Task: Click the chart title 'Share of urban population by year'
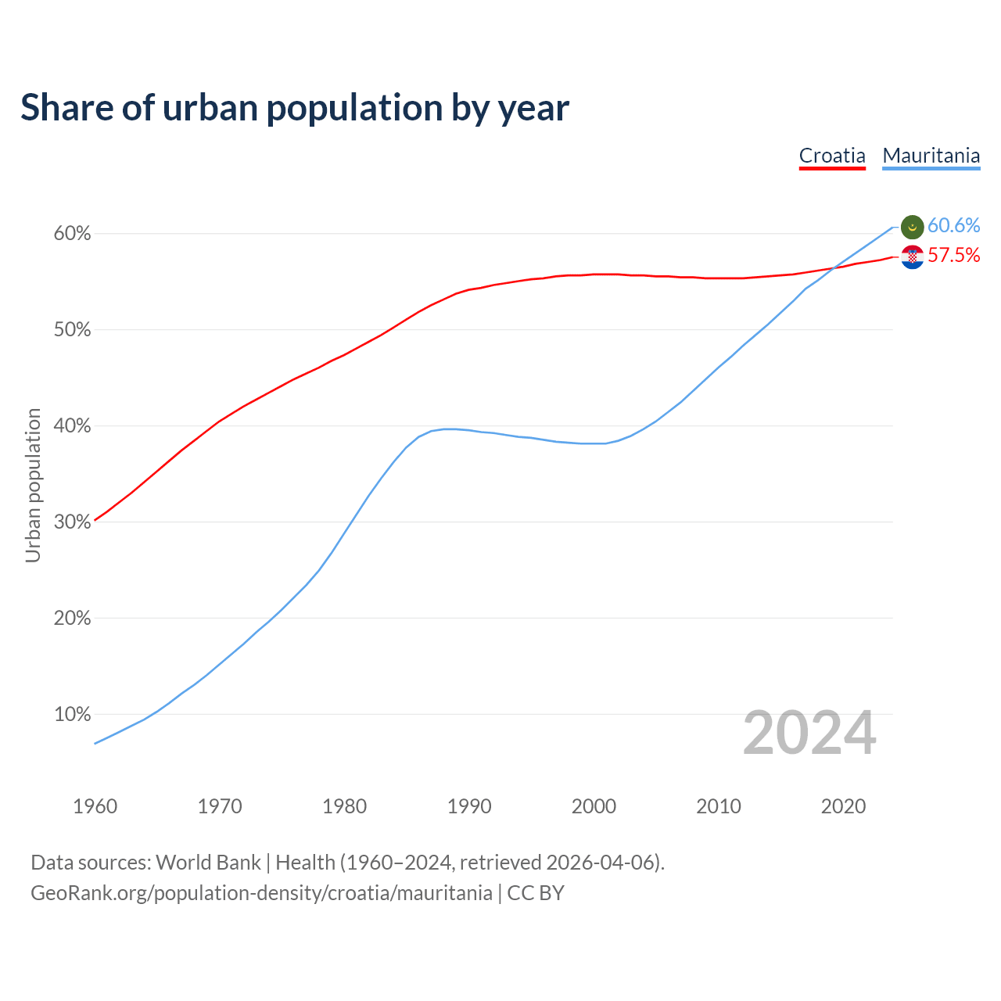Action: (x=295, y=108)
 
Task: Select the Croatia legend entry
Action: (x=832, y=156)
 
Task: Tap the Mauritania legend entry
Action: (x=931, y=156)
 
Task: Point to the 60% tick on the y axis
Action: (x=73, y=234)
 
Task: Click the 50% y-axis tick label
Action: (x=73, y=330)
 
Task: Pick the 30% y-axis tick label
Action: (x=73, y=522)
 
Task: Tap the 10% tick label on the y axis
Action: (x=73, y=714)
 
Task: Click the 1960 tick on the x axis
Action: (x=95, y=806)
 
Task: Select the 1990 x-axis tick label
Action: (x=469, y=806)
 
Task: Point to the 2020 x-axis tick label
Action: (x=843, y=806)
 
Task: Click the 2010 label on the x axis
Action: (x=719, y=806)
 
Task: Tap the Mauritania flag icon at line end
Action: (x=913, y=227)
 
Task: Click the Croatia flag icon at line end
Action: (x=913, y=257)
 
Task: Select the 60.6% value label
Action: (x=953, y=226)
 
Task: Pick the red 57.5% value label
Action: (x=953, y=256)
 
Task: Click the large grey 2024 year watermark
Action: (x=809, y=734)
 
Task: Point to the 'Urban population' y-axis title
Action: (x=33, y=485)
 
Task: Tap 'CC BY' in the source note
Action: (x=536, y=893)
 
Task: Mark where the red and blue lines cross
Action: (x=834, y=267)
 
